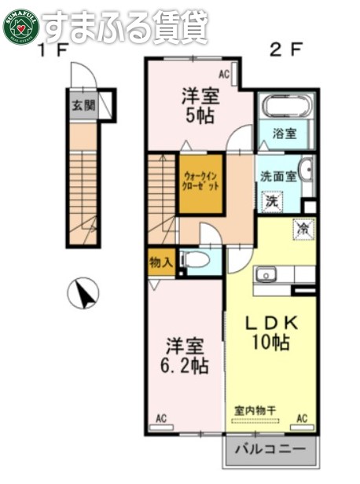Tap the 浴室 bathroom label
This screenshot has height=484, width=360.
point(285,134)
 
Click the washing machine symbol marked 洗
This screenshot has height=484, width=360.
point(270,200)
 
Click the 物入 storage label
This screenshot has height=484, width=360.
point(160,262)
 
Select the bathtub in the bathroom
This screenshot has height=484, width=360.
point(287,107)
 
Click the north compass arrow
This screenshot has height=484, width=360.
point(83,295)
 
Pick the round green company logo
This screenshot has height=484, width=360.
point(20,26)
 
